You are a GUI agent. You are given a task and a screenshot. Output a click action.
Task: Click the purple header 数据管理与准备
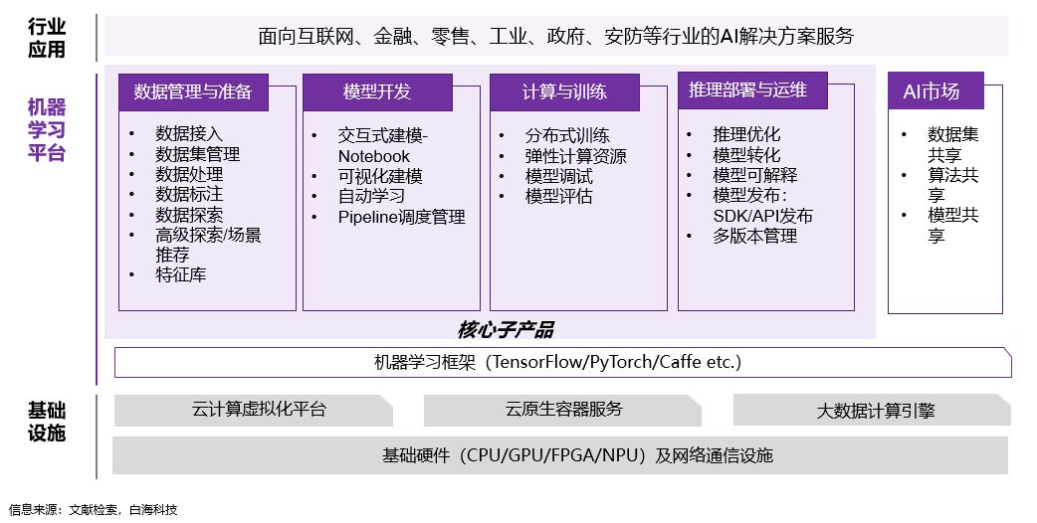click(193, 92)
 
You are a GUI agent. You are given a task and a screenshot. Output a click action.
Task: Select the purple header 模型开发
click(377, 92)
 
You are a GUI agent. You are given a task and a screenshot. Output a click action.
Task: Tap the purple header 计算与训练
click(564, 92)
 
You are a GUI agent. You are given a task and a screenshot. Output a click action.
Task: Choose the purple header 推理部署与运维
click(747, 90)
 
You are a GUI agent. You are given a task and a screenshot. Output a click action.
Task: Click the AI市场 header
click(932, 91)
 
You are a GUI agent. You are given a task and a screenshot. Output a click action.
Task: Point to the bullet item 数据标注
click(189, 195)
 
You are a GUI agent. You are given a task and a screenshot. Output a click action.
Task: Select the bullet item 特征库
click(181, 275)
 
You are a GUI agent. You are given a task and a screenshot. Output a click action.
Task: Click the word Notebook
click(374, 156)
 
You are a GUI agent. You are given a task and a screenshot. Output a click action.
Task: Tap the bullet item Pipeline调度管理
click(401, 217)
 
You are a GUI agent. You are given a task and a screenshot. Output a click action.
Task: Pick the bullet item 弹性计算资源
click(576, 156)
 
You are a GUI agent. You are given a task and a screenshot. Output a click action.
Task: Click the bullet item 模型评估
click(559, 197)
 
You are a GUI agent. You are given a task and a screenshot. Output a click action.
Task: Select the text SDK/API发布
click(762, 217)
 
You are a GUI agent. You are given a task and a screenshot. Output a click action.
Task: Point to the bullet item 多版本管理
click(755, 237)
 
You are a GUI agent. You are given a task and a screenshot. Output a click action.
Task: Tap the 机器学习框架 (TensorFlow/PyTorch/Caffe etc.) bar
click(562, 363)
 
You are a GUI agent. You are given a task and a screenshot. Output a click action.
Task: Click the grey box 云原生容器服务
click(563, 410)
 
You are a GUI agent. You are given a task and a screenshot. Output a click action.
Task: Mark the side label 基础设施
click(47, 422)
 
